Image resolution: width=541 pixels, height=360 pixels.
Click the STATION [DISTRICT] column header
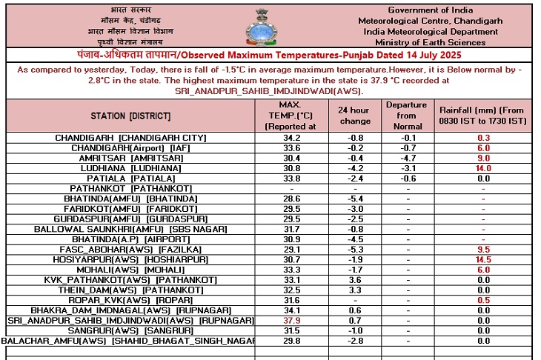pyautogui.click(x=130, y=117)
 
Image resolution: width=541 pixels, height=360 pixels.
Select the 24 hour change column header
pyautogui.click(x=354, y=116)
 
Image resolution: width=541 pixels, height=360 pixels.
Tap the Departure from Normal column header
pyautogui.click(x=406, y=116)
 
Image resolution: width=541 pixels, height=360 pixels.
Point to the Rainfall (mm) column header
pyautogui.click(x=483, y=116)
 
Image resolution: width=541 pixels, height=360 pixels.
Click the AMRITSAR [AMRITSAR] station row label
pyautogui.click(x=130, y=158)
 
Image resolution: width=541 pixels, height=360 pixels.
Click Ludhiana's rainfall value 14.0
pyautogui.click(x=483, y=168)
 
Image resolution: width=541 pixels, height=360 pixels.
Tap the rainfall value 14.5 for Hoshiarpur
pyautogui.click(x=483, y=260)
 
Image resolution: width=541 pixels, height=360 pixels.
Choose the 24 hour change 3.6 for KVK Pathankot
pyautogui.click(x=354, y=280)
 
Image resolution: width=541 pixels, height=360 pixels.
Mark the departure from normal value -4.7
pyautogui.click(x=406, y=158)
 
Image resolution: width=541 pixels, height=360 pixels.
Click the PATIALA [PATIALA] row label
pyautogui.click(x=130, y=179)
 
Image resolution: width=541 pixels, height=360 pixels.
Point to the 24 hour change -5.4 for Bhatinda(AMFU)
pyautogui.click(x=354, y=199)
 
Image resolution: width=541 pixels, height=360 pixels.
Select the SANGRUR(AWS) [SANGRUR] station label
pyautogui.click(x=130, y=330)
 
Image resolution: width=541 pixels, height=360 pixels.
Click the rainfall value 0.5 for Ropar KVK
pyautogui.click(x=483, y=300)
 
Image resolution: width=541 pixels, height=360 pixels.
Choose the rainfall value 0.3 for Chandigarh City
pyautogui.click(x=483, y=139)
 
